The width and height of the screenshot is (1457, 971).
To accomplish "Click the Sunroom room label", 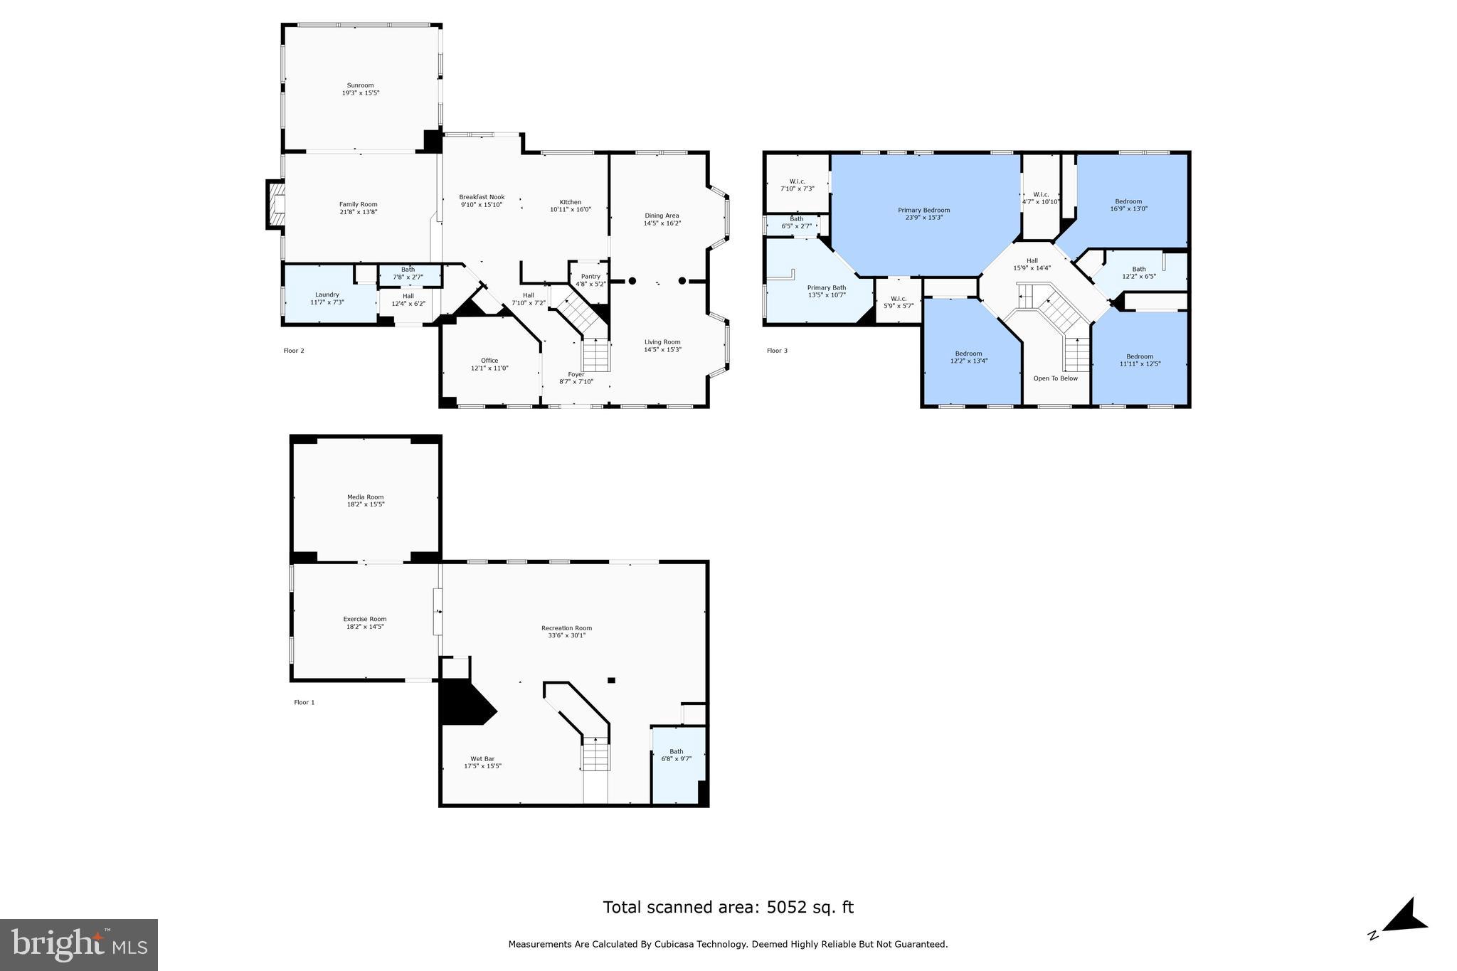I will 360,85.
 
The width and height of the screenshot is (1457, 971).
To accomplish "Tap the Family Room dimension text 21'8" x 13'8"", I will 358,212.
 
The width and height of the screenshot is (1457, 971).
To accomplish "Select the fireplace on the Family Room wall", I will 275,205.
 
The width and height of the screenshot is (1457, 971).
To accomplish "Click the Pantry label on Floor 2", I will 590,277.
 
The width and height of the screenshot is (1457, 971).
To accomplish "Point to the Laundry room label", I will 327,295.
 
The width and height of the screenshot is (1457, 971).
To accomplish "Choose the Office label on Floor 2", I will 489,361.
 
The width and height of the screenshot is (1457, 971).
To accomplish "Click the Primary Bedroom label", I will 923,211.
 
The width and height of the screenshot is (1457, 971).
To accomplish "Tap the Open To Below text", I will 1055,378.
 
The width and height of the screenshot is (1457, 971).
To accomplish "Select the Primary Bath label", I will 826,288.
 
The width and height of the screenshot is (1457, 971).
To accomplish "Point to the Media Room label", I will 365,497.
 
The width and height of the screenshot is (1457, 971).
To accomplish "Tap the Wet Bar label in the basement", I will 482,759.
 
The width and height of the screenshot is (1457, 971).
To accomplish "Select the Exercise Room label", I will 364,619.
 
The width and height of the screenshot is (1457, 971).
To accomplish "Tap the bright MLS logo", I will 79,945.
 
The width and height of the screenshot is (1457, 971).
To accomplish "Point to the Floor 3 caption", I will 777,351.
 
